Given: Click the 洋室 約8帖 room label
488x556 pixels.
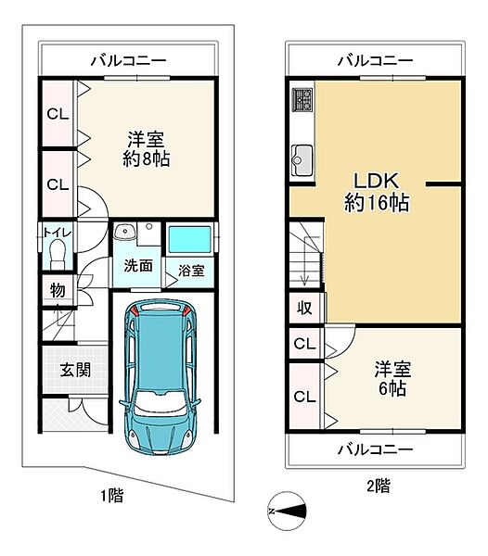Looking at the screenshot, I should (147, 148).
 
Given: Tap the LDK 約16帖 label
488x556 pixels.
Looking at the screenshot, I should (379, 191).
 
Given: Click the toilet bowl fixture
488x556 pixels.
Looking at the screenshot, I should (58, 253).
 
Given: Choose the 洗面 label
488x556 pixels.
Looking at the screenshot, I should (138, 265).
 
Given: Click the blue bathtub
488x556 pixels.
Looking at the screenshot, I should (190, 239).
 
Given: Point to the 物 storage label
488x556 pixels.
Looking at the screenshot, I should (58, 291).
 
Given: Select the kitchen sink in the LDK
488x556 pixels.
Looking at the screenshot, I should (303, 159).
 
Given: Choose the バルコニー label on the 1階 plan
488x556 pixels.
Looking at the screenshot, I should (129, 61).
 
